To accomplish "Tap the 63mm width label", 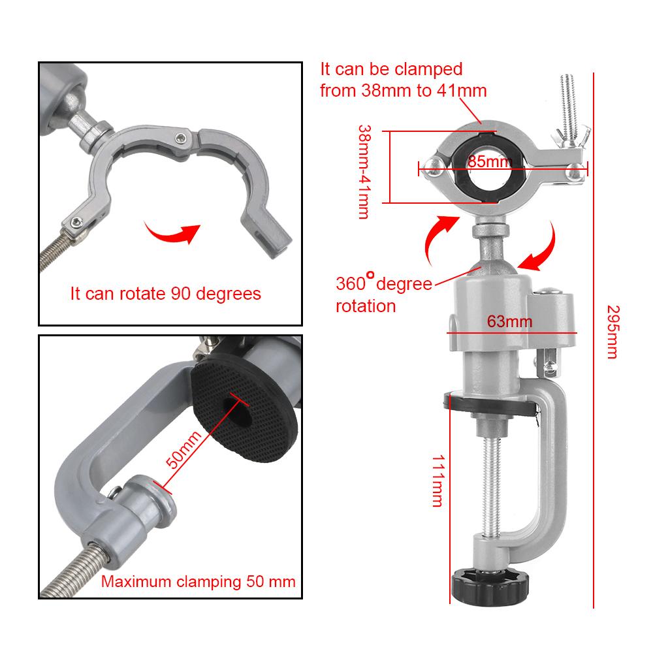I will [x=509, y=321].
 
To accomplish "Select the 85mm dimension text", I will [x=489, y=161].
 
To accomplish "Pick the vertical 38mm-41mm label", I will [x=364, y=171].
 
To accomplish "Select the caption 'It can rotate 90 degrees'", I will [x=165, y=294].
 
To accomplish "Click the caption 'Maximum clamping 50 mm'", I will [x=198, y=582].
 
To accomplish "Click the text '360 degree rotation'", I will [x=383, y=294].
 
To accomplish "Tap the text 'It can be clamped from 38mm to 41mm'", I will [x=403, y=80].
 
